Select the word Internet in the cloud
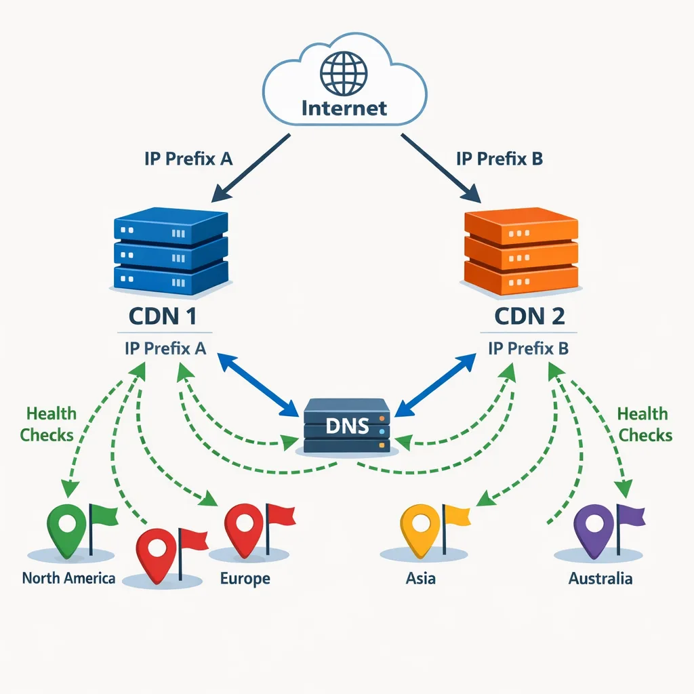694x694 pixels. [x=344, y=108]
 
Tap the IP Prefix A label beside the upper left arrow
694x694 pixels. [x=188, y=159]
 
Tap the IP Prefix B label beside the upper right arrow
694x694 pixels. [x=499, y=159]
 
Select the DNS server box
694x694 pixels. [x=347, y=426]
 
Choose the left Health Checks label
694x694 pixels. [x=47, y=424]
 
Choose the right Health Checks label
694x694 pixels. [x=644, y=424]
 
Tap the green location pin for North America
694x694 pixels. [x=68, y=525]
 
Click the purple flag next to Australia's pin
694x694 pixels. [x=630, y=516]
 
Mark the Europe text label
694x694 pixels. [x=245, y=579]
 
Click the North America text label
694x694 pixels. [x=68, y=579]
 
